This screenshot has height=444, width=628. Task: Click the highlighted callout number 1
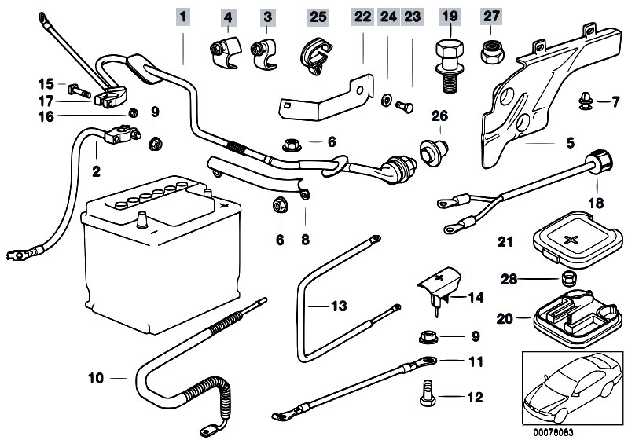[x=182, y=16]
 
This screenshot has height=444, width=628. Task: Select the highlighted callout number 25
[x=316, y=16]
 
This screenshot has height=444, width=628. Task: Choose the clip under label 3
[x=263, y=51]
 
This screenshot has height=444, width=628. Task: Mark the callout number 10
[x=95, y=378]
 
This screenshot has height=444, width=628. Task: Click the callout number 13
[x=338, y=306]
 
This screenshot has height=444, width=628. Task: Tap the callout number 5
[x=570, y=143]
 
